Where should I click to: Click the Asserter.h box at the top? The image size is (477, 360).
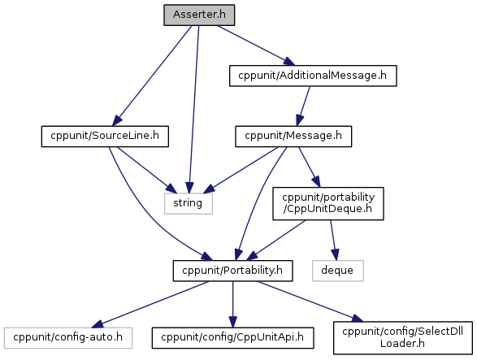coord(199,15)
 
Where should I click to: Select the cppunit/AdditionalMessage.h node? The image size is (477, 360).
coord(313,76)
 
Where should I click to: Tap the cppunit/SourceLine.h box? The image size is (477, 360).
coord(105,137)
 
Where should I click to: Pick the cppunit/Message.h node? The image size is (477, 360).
coord(293,137)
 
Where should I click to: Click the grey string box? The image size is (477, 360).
coord(189,204)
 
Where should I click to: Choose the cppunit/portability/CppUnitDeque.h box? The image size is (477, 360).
coord(328,204)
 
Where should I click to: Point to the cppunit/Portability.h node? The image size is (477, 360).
coord(232,271)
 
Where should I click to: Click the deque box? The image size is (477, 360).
coord(338,271)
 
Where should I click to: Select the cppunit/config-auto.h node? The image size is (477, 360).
coord(68,338)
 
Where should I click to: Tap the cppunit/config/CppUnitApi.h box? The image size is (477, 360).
coord(232,338)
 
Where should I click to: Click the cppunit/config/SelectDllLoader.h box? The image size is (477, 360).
coord(403,338)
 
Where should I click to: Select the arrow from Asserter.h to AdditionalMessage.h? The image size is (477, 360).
coord(256,46)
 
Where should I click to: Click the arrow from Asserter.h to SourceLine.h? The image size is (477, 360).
coord(152,76)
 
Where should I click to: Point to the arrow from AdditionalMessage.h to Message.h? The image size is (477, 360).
coord(304,106)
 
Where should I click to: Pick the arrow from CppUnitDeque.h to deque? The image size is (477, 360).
coord(334,240)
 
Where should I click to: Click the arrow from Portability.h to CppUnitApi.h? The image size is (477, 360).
coord(232,304)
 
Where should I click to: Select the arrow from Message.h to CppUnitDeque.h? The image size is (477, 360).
coord(309,167)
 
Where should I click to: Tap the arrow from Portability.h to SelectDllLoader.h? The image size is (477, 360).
coord(310,301)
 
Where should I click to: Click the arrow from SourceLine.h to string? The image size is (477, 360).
coord(147,170)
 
